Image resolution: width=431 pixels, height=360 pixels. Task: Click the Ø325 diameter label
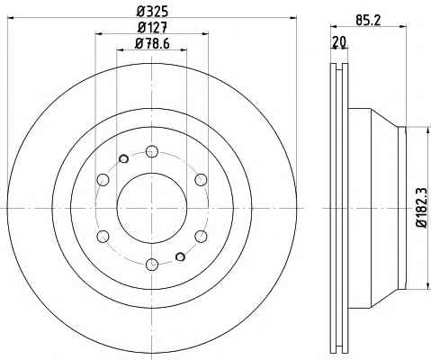tap(152, 12)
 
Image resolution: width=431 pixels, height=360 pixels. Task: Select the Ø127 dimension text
tap(152, 28)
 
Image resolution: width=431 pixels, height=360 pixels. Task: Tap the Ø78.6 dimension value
tap(152, 44)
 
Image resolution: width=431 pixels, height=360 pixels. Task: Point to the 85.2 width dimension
tap(368, 21)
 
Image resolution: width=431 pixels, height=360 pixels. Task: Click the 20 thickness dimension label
tap(339, 41)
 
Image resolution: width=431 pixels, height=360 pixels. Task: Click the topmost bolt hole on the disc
tap(152, 151)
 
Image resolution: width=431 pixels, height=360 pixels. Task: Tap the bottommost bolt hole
tap(152, 265)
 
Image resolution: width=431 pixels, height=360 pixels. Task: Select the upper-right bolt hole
tap(201, 180)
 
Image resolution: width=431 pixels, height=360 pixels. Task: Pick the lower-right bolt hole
tap(201, 237)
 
